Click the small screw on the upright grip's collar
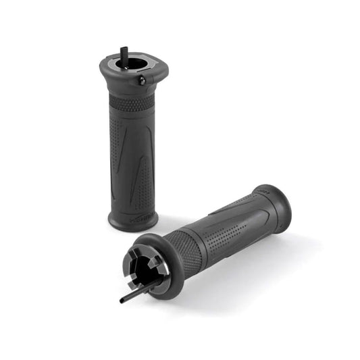[143, 80]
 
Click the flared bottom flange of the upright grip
[132, 220]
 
